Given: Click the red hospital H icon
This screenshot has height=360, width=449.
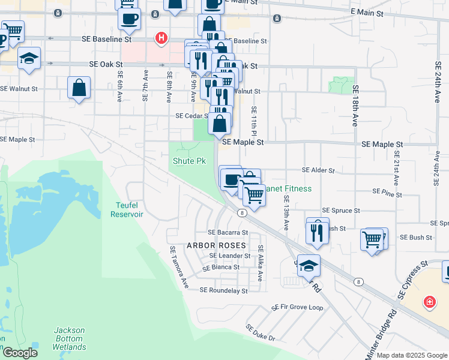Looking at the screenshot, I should pyautogui.click(x=160, y=38).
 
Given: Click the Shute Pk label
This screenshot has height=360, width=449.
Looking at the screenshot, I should pyautogui.click(x=189, y=161).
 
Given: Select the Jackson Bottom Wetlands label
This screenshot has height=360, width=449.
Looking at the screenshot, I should pyautogui.click(x=70, y=338).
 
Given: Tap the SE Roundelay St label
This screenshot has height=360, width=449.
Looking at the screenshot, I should pyautogui.click(x=223, y=290).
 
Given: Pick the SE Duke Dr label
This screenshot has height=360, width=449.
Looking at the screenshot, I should pyautogui.click(x=260, y=333).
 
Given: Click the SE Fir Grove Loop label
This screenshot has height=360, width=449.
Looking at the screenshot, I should pyautogui.click(x=297, y=307).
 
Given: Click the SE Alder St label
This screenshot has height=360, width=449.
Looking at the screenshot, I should pyautogui.click(x=318, y=170).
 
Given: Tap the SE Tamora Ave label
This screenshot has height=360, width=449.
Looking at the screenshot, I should pyautogui.click(x=178, y=268).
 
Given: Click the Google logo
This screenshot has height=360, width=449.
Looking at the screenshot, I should pyautogui.click(x=20, y=353).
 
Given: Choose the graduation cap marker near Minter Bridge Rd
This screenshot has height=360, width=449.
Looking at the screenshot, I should pyautogui.click(x=309, y=266).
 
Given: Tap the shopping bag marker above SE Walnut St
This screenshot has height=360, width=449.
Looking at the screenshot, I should pyautogui.click(x=79, y=88).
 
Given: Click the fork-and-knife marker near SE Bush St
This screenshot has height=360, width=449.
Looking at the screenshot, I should pyautogui.click(x=318, y=230).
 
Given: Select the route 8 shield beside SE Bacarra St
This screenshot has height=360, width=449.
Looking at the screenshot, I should pyautogui.click(x=241, y=212).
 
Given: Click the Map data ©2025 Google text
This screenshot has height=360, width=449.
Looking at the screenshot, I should pyautogui.click(x=412, y=355).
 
